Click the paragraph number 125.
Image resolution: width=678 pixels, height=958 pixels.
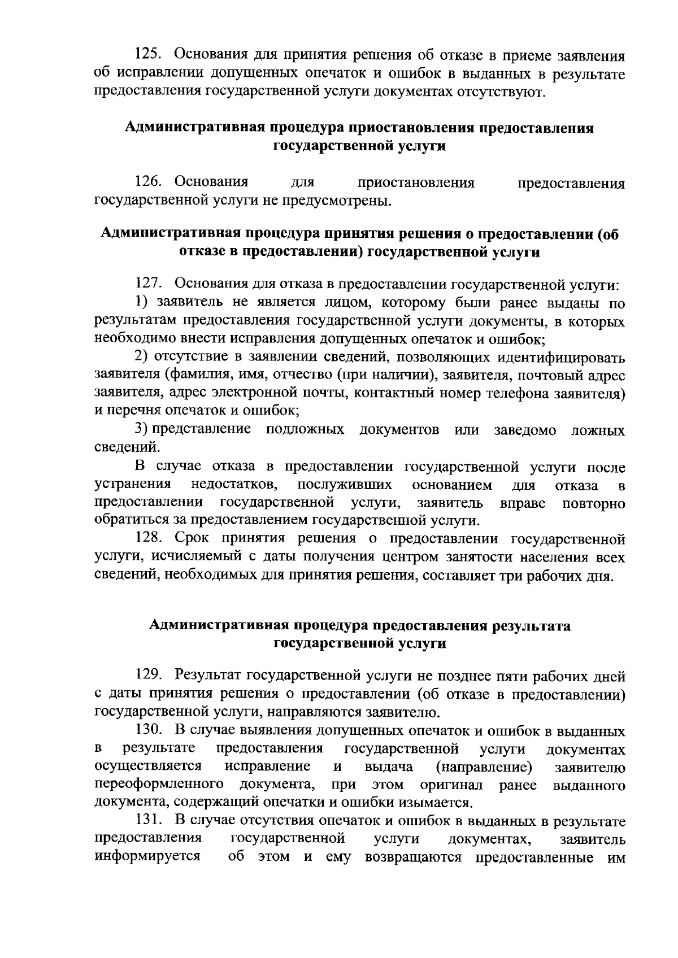click(x=149, y=55)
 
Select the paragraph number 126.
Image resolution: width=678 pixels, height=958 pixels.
click(x=149, y=182)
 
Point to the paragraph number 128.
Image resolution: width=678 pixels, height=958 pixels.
click(x=149, y=539)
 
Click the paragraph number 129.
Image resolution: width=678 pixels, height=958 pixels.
click(x=149, y=674)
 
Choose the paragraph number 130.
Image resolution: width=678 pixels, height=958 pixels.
click(x=149, y=731)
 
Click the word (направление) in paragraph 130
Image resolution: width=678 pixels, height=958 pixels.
click(x=484, y=767)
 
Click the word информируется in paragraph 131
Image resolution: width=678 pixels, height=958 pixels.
click(x=147, y=857)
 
